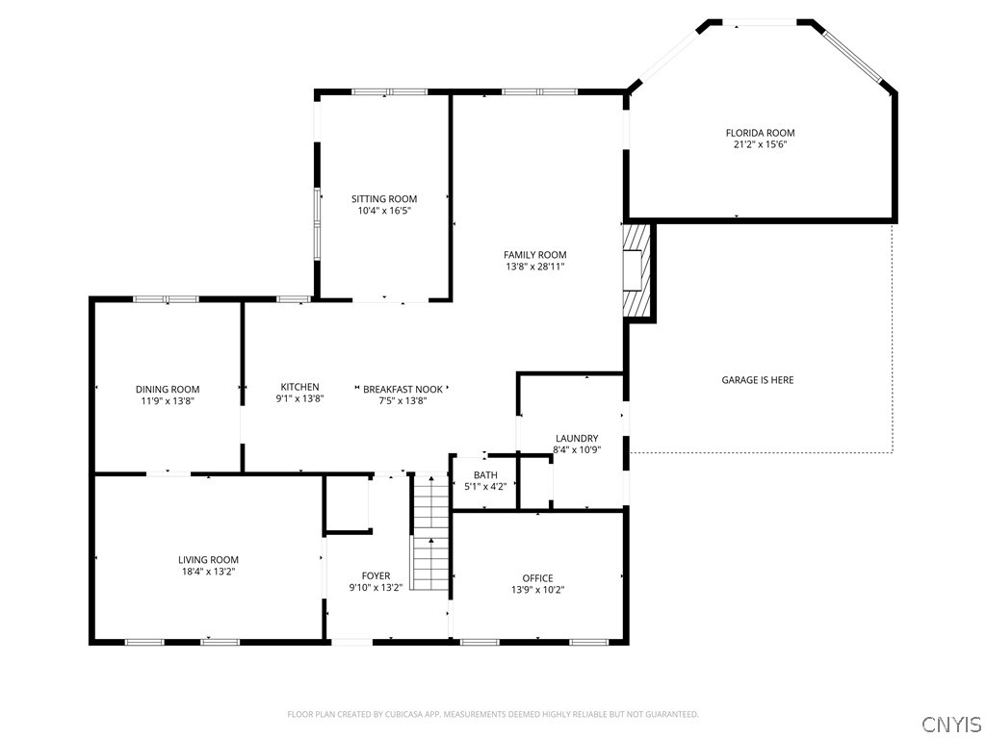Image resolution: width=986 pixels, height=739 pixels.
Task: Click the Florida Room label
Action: tap(760, 133)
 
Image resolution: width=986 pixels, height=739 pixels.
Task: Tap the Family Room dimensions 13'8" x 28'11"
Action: tap(534, 267)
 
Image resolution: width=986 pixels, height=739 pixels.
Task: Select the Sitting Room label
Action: tap(383, 199)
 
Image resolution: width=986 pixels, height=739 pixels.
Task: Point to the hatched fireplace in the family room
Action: tap(636, 271)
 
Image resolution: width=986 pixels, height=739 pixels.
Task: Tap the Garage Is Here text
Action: tap(758, 380)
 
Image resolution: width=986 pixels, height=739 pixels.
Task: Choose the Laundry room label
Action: tap(576, 438)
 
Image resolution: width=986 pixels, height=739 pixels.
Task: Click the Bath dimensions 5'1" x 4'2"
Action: tap(485, 487)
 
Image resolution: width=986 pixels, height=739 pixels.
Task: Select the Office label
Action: tap(537, 578)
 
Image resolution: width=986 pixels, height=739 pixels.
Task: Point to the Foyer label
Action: tap(376, 575)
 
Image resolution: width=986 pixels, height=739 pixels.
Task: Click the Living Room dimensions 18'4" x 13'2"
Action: tap(208, 572)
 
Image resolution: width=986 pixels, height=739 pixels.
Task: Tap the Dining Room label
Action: tap(168, 390)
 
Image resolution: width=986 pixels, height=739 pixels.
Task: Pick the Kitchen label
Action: tap(299, 388)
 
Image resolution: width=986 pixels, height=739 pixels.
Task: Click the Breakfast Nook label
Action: tap(402, 390)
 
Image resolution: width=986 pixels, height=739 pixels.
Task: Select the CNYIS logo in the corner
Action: tap(950, 724)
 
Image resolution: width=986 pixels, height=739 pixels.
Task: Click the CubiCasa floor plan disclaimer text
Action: tap(493, 714)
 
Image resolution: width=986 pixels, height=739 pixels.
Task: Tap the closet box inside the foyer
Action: tap(348, 502)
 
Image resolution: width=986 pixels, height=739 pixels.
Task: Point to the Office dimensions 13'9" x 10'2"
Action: tap(537, 590)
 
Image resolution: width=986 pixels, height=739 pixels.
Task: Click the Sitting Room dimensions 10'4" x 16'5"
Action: tap(383, 211)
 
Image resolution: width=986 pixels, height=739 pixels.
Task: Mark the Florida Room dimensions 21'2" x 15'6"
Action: tap(760, 144)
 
